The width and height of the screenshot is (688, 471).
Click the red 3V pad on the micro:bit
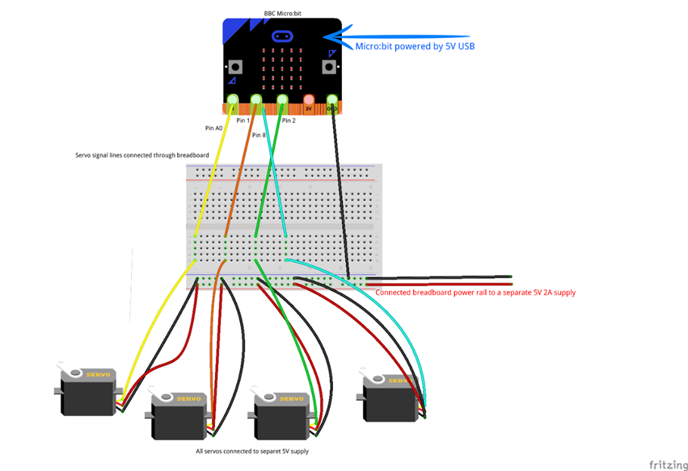(308, 103)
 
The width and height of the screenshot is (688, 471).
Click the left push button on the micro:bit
(235, 66)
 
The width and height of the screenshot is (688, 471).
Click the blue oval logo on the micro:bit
(283, 36)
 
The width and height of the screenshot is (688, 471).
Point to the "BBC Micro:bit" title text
(283, 14)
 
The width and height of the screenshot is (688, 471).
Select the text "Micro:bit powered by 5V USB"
(415, 47)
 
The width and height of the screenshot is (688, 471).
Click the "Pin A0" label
(214, 128)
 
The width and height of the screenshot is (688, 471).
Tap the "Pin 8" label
(259, 135)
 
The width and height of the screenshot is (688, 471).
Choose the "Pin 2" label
(289, 120)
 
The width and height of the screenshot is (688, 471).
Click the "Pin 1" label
(243, 120)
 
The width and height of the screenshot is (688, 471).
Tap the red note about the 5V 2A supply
(475, 292)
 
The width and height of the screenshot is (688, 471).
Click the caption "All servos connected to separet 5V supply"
(252, 451)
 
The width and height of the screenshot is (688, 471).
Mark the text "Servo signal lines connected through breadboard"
(142, 155)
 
